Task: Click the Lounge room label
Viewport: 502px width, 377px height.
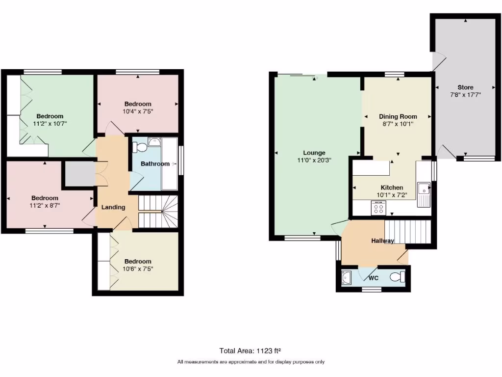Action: (x=314, y=153)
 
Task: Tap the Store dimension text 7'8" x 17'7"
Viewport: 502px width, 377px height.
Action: (x=465, y=95)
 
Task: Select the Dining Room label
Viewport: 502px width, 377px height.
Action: (x=398, y=117)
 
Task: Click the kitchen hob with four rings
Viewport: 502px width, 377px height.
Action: (x=379, y=209)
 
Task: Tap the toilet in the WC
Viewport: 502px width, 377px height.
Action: (x=398, y=278)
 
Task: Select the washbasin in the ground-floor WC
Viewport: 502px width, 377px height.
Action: (x=347, y=278)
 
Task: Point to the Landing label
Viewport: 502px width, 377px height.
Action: (x=113, y=207)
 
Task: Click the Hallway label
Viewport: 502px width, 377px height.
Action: (x=382, y=241)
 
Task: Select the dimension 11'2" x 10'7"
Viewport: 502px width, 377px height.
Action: (x=50, y=124)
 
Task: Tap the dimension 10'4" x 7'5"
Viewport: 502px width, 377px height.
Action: (x=138, y=111)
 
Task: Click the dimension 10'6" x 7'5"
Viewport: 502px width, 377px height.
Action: (x=138, y=269)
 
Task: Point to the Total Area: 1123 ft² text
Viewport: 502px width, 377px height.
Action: (x=251, y=350)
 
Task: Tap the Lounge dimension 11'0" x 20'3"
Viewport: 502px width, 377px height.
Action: (x=314, y=160)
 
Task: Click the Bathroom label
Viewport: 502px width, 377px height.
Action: (x=155, y=164)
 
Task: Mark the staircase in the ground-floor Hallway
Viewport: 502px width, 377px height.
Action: (x=406, y=232)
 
